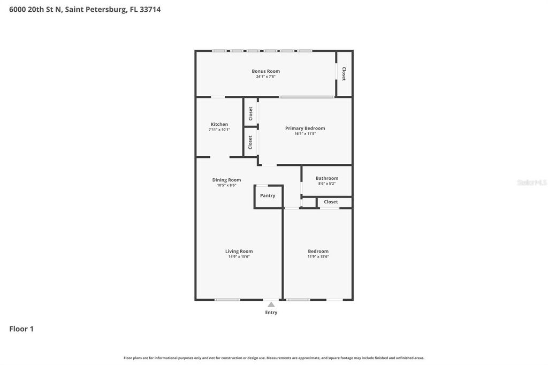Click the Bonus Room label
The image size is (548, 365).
pos(266,71)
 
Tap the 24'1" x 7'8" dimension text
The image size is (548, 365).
pos(266,77)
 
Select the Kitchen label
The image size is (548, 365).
pos(219,124)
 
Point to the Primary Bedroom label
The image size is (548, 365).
pos(305,128)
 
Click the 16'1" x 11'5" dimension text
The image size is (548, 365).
pos(305,134)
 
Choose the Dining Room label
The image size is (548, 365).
pos(226,180)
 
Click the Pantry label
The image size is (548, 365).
pos(268,196)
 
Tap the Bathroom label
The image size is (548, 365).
pos(327,178)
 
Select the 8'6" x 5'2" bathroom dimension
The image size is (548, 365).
pos(327,184)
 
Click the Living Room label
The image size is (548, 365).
pos(239,251)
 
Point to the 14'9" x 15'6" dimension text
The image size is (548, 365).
pos(239,257)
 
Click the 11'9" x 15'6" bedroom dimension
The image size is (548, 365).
pos(318,257)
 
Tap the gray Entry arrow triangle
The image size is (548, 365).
pos(271,305)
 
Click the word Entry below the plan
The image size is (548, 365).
pos(271,313)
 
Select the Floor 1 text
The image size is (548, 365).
pos(21,329)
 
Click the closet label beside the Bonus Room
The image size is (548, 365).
pos(344,74)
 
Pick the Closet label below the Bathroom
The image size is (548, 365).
pos(331,202)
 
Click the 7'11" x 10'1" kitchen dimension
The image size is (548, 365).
pos(219,130)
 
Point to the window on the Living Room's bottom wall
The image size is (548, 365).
pos(227,300)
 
